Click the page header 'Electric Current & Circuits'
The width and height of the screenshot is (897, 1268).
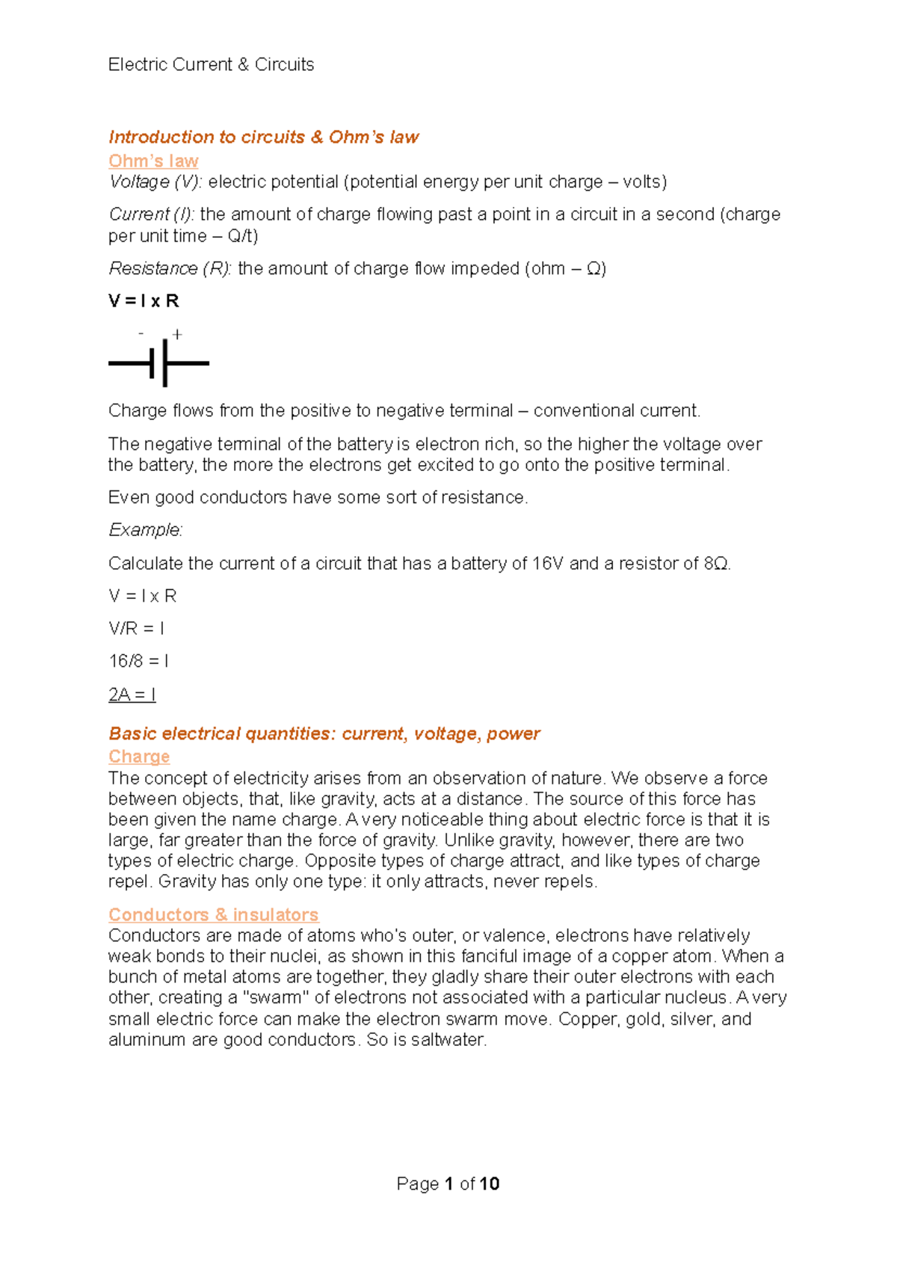coord(211,65)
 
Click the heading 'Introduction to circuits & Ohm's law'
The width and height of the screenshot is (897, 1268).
coord(263,138)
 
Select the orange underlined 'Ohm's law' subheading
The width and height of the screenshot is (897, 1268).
coord(153,161)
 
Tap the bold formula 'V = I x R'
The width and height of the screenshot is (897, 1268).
coord(144,301)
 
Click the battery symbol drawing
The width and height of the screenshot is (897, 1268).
coord(159,363)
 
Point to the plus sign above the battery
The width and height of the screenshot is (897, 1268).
coord(177,335)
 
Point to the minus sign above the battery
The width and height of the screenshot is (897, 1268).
coord(141,333)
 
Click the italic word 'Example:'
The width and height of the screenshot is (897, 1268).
coord(145,530)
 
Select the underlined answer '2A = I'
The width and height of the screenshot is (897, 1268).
coord(132,695)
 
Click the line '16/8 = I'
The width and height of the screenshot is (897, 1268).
coord(138,662)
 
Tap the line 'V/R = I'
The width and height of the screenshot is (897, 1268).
coord(136,629)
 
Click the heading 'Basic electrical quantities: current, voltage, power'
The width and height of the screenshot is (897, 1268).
coord(324,733)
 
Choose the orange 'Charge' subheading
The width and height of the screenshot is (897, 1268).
coord(139,757)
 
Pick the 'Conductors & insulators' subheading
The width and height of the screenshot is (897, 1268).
coord(213,914)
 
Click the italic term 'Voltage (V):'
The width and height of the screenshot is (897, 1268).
coord(155,182)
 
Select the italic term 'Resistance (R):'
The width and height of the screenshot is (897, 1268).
coord(170,268)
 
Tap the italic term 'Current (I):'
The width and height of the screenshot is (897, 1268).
coord(152,215)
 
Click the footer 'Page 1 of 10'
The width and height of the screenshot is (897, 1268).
coord(448,1184)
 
